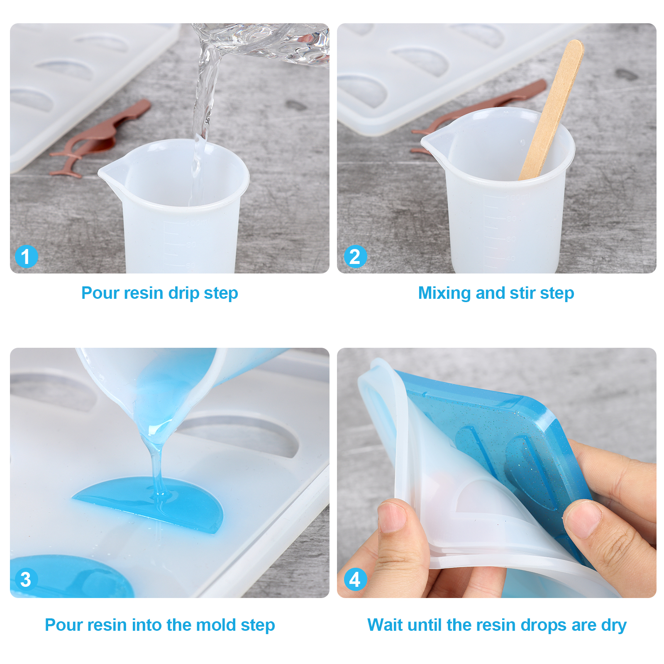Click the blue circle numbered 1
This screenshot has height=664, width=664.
point(26,256)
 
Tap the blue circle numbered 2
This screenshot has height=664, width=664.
point(355,256)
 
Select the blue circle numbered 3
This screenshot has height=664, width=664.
point(26,579)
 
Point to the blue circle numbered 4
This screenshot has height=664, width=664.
point(355,579)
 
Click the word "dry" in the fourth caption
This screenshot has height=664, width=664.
point(614,625)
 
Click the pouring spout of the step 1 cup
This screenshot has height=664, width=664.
point(109,171)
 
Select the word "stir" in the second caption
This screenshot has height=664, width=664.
point(522,293)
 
